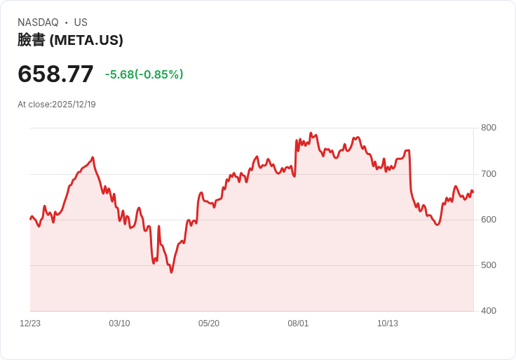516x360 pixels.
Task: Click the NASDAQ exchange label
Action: point(38,22)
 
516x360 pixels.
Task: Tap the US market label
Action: point(81,22)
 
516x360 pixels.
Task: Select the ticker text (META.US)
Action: point(86,40)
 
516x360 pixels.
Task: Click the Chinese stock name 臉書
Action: point(31,40)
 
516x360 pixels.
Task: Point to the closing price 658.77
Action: point(55,74)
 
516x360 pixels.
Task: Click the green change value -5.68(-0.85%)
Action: point(144,74)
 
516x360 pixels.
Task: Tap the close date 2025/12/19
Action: point(74,105)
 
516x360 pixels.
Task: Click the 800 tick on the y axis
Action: point(488,128)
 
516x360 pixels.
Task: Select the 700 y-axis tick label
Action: point(488,173)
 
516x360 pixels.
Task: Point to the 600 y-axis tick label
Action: point(488,220)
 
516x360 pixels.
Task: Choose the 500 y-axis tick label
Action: point(488,265)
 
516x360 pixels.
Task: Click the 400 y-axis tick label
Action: point(488,311)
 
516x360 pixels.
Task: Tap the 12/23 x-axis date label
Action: point(30,324)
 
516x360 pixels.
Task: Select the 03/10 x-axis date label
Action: point(119,324)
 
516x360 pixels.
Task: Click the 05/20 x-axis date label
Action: point(209,324)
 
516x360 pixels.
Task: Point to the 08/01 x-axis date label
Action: point(298,324)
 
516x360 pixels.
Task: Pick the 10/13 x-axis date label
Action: point(388,324)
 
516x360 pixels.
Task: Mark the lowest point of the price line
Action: point(171,272)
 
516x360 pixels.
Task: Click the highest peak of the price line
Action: point(311,133)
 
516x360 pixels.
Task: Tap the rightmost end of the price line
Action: point(473,192)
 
